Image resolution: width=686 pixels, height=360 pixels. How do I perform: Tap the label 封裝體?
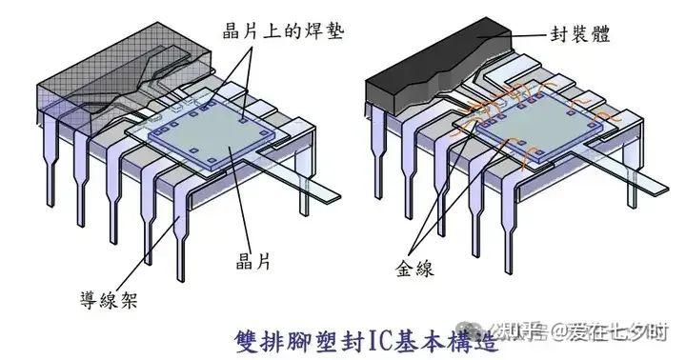(580, 34)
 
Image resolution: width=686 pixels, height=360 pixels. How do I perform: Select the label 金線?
(414, 269)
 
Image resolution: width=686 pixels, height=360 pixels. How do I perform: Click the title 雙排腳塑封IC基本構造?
(367, 342)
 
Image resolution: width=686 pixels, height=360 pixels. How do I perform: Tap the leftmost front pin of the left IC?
(50, 157)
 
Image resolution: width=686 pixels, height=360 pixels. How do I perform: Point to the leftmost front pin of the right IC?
(378, 153)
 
